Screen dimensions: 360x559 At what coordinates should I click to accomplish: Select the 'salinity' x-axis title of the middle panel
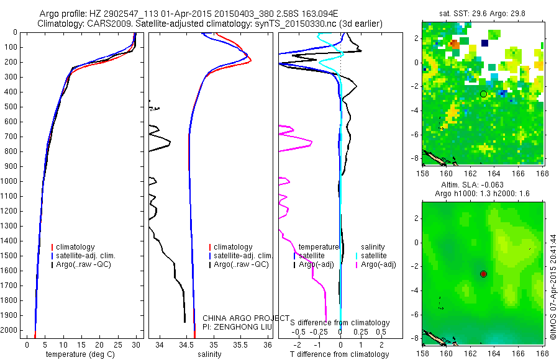pyautogui.click(x=209, y=354)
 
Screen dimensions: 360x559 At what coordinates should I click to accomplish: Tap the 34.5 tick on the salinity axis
pyautogui.click(x=186, y=344)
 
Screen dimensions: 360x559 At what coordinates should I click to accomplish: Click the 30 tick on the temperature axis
pyautogui.click(x=136, y=344)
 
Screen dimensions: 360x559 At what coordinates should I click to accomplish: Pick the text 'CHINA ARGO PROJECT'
pyautogui.click(x=245, y=318)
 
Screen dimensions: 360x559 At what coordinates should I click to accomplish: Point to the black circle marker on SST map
pyautogui.click(x=483, y=94)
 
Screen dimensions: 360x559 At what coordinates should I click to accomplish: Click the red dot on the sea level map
pyautogui.click(x=483, y=274)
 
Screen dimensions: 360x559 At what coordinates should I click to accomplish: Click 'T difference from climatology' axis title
pyautogui.click(x=340, y=354)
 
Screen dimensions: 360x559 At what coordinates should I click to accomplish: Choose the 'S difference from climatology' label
pyautogui.click(x=340, y=323)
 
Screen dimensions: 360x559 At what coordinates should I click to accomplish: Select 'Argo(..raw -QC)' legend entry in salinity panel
pyautogui.click(x=241, y=264)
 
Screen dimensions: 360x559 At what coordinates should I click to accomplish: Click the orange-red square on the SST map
pyautogui.click(x=455, y=44)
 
